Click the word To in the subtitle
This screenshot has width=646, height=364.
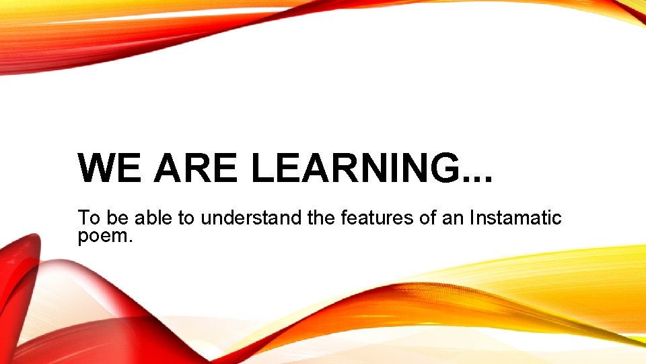pos(88,218)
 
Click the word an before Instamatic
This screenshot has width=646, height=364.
pos(453,218)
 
